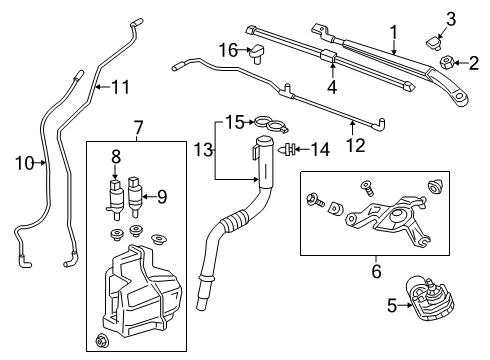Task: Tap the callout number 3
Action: (x=451, y=17)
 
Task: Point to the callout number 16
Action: (x=227, y=50)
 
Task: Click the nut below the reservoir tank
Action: (x=104, y=344)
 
